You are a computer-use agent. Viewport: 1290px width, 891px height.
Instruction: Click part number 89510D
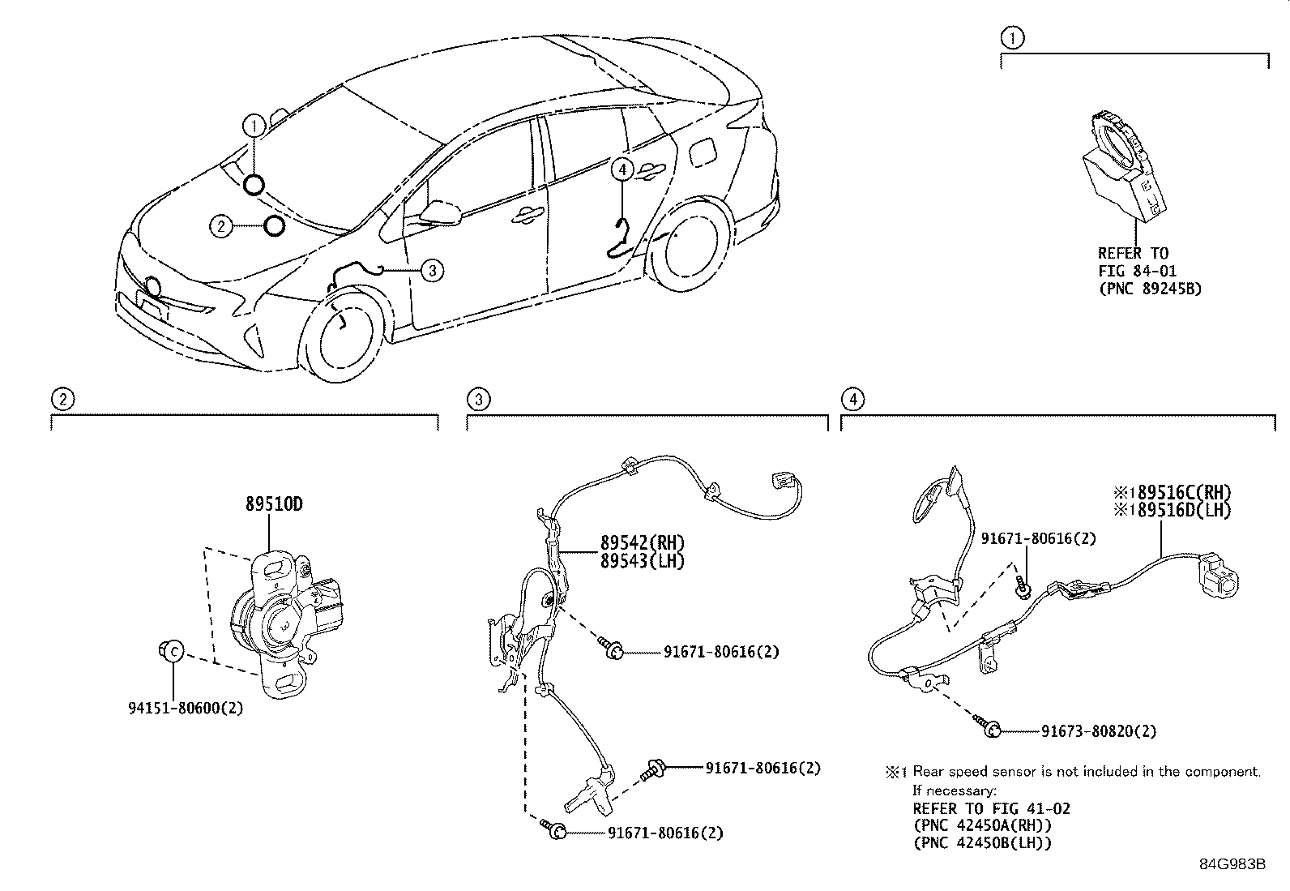pos(274,504)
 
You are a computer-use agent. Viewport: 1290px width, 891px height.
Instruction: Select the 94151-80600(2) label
pos(185,708)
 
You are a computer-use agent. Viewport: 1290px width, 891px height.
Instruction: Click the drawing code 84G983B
pos(1232,863)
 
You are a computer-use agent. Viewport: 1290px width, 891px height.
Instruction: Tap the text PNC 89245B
pos(1150,289)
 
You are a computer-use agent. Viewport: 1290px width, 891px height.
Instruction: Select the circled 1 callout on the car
pos(254,126)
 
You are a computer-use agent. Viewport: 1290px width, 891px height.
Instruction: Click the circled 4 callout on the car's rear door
pos(622,169)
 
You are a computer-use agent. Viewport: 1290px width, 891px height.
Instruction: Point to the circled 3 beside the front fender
pos(433,270)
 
